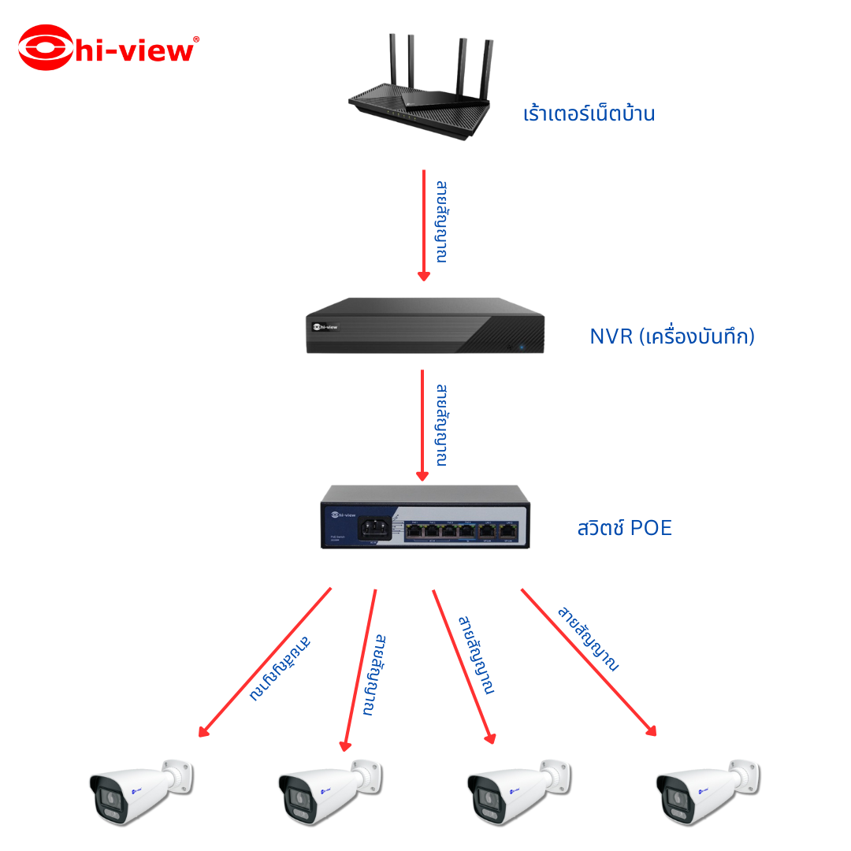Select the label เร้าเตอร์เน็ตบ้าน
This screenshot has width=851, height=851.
pyautogui.click(x=589, y=114)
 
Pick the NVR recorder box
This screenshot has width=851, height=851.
pyautogui.click(x=425, y=325)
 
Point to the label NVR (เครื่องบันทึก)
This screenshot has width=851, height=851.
pyautogui.click(x=672, y=336)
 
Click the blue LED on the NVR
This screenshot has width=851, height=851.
pyautogui.click(x=522, y=346)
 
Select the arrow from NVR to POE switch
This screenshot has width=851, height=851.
pyautogui.click(x=422, y=425)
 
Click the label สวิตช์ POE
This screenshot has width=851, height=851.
pyautogui.click(x=625, y=528)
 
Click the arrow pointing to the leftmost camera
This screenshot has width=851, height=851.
pyautogui.click(x=265, y=662)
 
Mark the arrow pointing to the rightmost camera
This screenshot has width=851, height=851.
pyautogui.click(x=588, y=662)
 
